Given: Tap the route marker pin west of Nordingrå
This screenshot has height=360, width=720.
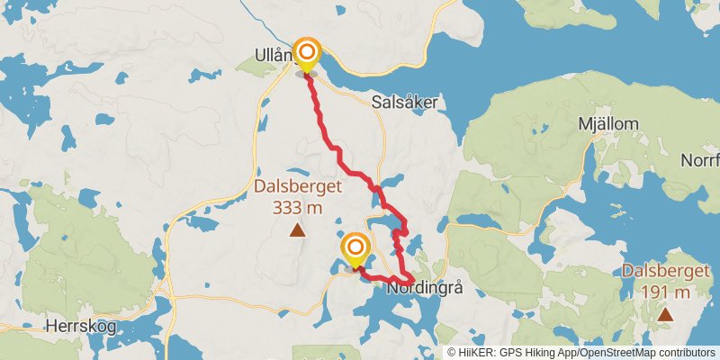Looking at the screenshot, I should point(355,249).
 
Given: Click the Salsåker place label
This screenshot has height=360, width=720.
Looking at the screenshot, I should point(404,103).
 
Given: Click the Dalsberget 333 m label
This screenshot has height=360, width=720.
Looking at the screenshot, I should point(297,197).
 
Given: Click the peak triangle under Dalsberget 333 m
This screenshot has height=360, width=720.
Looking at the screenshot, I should point(297,231).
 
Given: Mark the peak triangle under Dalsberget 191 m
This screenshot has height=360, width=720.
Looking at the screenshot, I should point(665,314).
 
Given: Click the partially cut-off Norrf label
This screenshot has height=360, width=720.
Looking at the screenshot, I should point(700,160).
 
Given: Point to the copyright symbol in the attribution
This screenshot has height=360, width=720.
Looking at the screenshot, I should point(452,352).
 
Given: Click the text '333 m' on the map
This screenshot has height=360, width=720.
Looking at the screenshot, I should point(297,208).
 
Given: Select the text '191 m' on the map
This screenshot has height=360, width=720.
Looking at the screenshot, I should point(667,292).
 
